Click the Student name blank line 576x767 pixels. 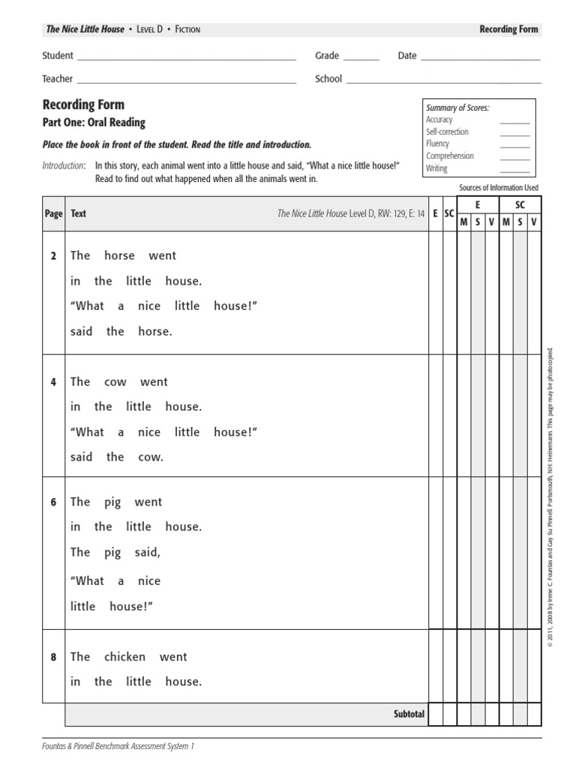click(186, 58)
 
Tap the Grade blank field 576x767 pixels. click(361, 58)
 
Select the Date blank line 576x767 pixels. click(480, 58)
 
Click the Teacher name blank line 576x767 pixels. click(186, 81)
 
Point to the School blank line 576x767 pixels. click(443, 81)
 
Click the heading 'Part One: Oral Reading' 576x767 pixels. click(94, 123)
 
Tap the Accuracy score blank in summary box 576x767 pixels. click(514, 121)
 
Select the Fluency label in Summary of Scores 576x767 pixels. click(438, 144)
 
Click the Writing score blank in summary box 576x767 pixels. click(514, 169)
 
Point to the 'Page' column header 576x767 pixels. click(53, 213)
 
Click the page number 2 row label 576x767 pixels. click(53, 256)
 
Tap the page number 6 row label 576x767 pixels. click(53, 503)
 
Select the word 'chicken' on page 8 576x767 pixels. click(124, 657)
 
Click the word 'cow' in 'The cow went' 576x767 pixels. click(115, 382)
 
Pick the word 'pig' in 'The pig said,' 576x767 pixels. click(112, 553)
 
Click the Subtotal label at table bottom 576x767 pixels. click(409, 714)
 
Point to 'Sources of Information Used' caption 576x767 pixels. click(498, 188)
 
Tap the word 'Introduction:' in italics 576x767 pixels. click(64, 166)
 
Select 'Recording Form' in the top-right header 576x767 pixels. click(508, 29)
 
